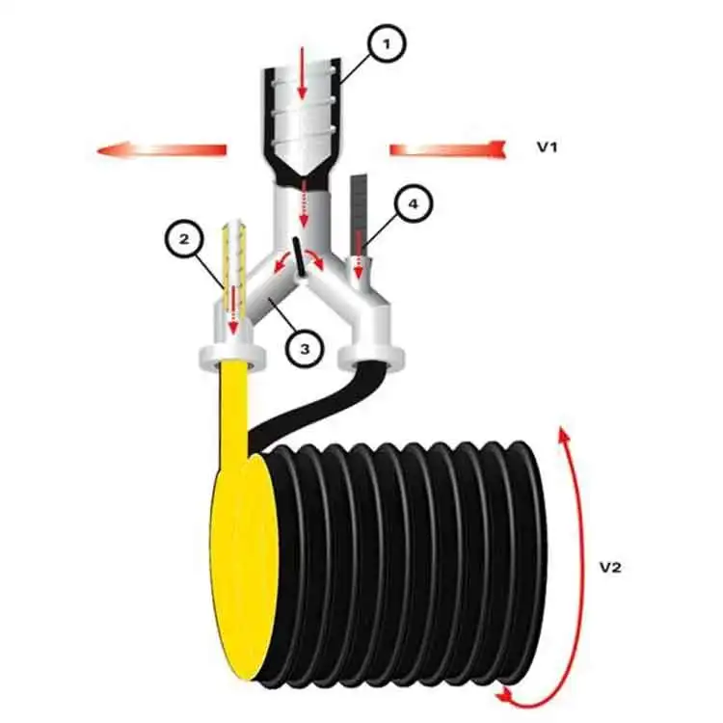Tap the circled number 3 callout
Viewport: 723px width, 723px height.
click(x=304, y=348)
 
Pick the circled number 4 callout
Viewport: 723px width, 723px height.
click(x=413, y=203)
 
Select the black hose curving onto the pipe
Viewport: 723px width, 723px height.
click(x=308, y=405)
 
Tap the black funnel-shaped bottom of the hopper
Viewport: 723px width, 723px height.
click(x=301, y=171)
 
